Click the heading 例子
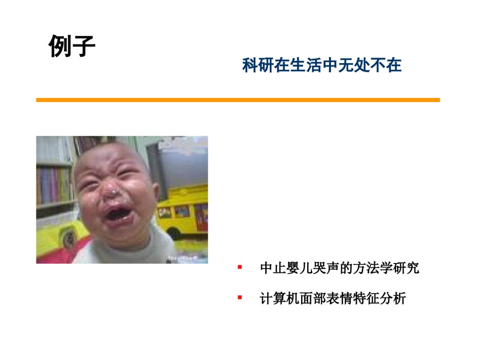72,46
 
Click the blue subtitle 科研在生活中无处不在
322,65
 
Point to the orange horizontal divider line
238,100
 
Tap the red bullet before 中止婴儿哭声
239,267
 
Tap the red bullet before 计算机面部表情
239,297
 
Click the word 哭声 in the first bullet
326,268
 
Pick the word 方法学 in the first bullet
372,268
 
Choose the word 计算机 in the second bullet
279,298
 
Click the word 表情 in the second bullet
339,298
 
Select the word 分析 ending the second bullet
393,298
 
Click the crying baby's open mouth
118,213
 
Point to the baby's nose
110,193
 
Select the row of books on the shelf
54,185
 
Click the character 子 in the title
84,46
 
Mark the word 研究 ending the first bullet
406,268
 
